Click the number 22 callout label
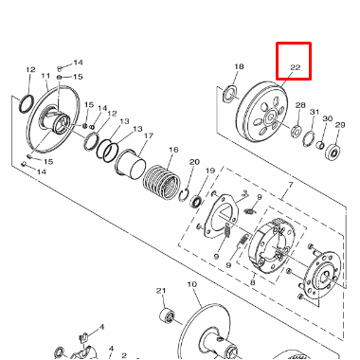coord(295,67)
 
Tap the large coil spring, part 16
coord(162,183)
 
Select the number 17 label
coord(148,136)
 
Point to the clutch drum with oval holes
coord(261,112)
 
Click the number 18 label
coord(239,66)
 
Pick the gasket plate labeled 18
coord(230,94)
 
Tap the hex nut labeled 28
coord(296,131)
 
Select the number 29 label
coord(340,125)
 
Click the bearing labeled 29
coord(333,152)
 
